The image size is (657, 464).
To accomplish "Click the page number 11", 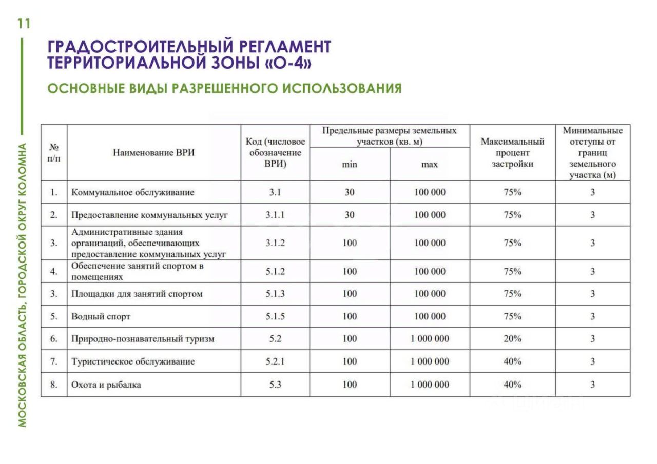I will coord(24,24).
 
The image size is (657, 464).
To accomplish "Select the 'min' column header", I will coord(349,165).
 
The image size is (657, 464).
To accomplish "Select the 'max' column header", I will coord(430,165).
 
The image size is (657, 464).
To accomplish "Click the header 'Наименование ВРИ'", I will coord(154,153).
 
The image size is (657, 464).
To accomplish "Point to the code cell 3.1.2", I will coord(275,243).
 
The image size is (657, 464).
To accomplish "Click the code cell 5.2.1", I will coord(275,361).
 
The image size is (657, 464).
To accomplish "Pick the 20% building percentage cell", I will coord(512,339).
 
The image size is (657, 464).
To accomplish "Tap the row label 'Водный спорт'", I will coord(101,317).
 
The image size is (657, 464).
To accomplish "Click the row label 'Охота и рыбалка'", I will coord(106,385).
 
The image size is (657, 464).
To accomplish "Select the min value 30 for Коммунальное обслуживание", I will coord(349,193).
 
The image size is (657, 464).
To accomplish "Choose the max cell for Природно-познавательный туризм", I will coord(430,339).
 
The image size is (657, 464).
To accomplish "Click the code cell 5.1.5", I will coord(275,317).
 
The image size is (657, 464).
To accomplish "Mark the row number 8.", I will coord(53,385).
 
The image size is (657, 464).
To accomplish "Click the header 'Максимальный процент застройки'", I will coord(512,153).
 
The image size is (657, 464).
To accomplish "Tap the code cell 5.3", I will coord(275,385).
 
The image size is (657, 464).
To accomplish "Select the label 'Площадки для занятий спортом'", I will coord(137,294).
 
